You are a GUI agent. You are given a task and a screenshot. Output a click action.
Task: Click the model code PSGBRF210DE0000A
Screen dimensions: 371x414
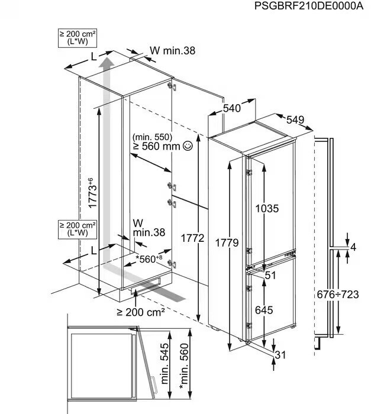click(309, 5)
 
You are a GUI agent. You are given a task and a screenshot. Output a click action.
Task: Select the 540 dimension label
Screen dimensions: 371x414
click(232, 108)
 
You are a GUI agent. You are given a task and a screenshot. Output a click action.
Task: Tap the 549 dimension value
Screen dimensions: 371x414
click(295, 120)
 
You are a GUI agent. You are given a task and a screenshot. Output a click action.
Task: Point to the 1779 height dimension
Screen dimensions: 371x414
click(227, 242)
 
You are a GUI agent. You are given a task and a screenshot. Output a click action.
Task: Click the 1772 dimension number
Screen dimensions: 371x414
click(192, 238)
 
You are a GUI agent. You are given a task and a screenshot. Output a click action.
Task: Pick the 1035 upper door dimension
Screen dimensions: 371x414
click(267, 209)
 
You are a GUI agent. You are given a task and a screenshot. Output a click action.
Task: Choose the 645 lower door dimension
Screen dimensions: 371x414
click(264, 310)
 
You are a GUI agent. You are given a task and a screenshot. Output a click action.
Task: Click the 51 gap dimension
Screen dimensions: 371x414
click(270, 276)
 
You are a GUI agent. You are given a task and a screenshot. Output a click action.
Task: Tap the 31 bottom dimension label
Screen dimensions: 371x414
click(280, 355)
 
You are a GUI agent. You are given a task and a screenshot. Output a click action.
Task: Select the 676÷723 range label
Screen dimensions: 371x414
click(338, 295)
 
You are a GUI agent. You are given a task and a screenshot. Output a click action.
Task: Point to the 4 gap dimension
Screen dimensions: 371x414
click(353, 247)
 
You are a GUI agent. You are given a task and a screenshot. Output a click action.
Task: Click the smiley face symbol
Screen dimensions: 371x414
click(188, 145)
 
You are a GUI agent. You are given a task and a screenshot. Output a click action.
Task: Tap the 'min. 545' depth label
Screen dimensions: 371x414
click(164, 363)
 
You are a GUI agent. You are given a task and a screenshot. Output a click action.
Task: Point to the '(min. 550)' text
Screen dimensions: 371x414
click(152, 137)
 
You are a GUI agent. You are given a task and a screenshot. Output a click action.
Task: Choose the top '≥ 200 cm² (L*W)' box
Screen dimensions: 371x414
click(78, 38)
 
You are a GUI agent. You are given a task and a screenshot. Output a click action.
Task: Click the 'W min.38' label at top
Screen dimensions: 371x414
click(173, 50)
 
